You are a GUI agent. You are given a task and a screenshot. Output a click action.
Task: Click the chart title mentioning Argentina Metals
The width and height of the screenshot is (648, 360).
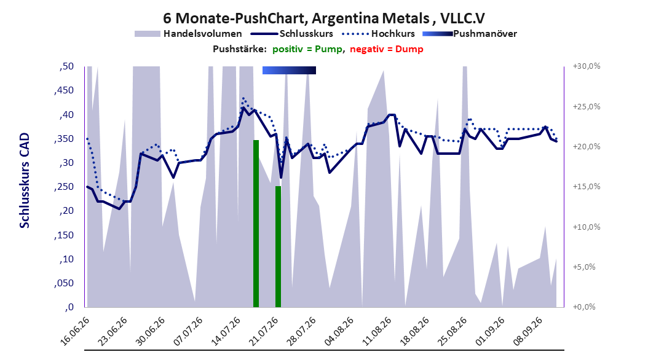324,18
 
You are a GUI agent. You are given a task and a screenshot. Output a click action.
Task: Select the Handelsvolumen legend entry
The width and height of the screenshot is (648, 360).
189,34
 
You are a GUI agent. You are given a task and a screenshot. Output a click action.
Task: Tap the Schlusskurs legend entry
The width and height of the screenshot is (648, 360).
292,34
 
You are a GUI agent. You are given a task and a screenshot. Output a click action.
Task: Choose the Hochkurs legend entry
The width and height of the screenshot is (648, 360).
378,34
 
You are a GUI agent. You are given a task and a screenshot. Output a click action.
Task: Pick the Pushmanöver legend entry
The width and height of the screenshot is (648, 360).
470,34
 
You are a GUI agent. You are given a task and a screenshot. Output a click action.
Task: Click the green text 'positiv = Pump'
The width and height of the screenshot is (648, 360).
307,49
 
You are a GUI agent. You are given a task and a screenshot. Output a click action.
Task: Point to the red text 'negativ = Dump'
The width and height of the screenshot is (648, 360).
387,49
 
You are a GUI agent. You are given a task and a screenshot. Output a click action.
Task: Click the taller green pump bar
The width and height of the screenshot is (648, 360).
256,224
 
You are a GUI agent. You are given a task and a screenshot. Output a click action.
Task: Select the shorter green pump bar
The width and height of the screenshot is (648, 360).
278,246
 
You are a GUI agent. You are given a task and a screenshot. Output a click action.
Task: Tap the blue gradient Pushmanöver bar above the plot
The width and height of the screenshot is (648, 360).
290,70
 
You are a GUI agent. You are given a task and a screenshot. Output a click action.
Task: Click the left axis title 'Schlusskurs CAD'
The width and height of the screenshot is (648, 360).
25,181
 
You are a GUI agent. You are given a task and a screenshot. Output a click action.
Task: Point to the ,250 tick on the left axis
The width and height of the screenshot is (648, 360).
64,187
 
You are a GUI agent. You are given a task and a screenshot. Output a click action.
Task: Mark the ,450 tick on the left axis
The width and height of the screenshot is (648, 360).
64,90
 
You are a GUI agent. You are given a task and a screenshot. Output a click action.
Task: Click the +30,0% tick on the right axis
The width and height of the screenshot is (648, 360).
587,66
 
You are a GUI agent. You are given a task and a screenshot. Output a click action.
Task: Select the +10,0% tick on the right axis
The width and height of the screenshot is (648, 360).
587,227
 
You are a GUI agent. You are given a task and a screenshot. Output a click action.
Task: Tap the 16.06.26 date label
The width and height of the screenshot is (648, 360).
75,331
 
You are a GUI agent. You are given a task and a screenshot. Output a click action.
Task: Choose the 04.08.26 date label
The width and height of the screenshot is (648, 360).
339,331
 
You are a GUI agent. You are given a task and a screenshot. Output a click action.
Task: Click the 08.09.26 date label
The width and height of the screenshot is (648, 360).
527,331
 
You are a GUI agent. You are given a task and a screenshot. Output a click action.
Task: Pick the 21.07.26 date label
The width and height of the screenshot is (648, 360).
264,331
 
